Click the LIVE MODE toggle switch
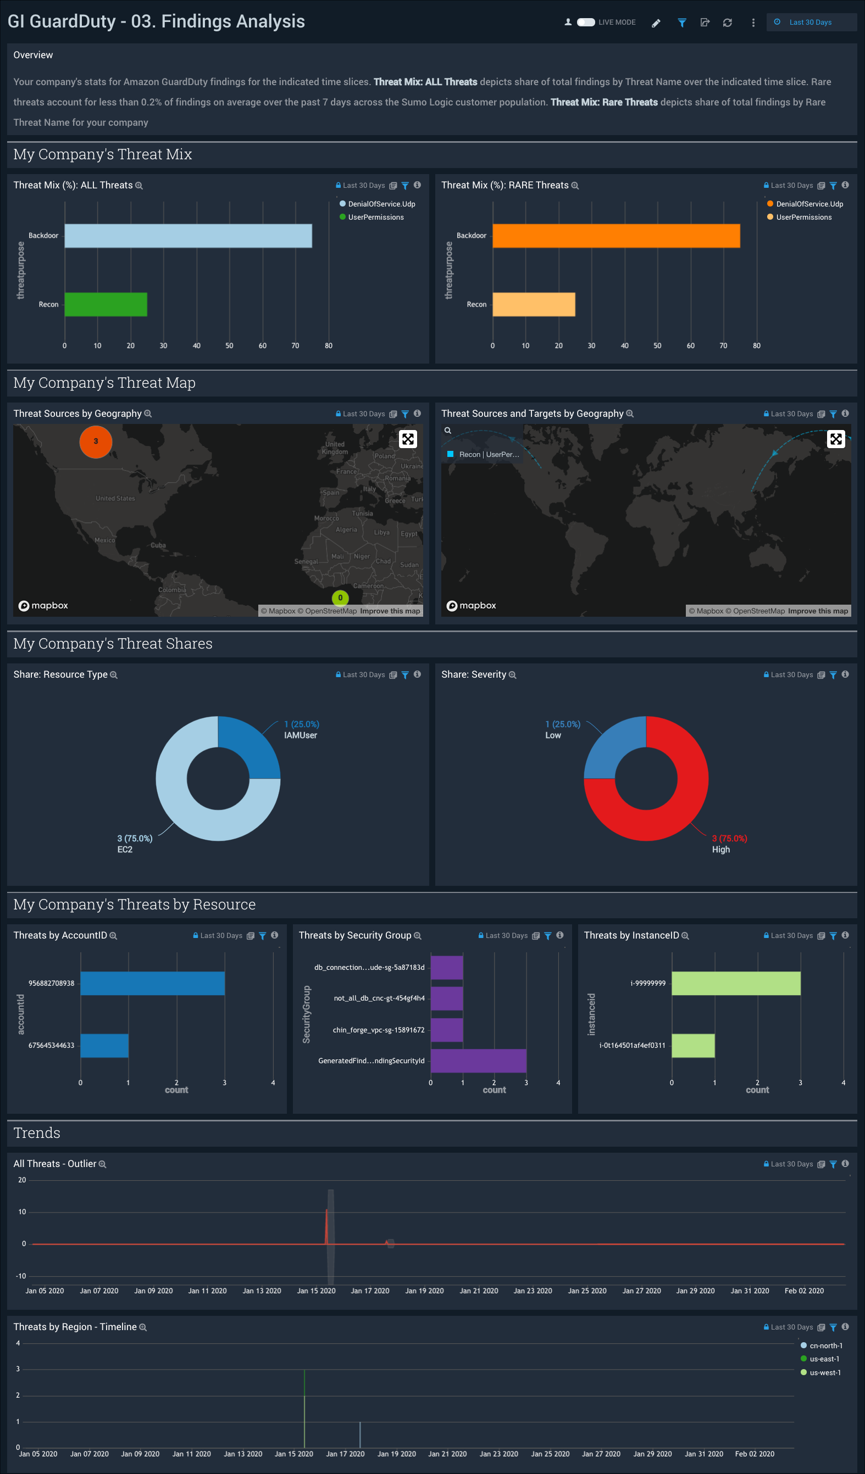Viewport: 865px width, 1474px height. [x=585, y=22]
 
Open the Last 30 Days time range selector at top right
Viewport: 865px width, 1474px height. [x=810, y=22]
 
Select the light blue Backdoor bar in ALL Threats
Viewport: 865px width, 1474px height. [x=188, y=236]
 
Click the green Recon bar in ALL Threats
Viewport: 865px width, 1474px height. [x=106, y=304]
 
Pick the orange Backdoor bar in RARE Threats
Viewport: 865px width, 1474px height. [x=616, y=236]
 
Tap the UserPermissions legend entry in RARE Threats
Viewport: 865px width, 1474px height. [x=803, y=217]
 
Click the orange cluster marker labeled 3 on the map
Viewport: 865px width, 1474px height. [x=96, y=442]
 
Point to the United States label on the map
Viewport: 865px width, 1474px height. [x=115, y=498]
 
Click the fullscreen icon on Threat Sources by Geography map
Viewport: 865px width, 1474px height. [x=408, y=439]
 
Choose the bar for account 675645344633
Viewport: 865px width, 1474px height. [x=104, y=1045]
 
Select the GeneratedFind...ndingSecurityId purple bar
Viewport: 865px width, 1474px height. [x=478, y=1060]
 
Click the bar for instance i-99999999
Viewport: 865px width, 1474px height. [x=736, y=983]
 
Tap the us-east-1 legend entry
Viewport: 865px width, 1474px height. [x=823, y=1359]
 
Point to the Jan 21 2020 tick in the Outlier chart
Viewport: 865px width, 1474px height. [x=479, y=1291]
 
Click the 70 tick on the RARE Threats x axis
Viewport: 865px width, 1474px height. [x=723, y=345]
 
